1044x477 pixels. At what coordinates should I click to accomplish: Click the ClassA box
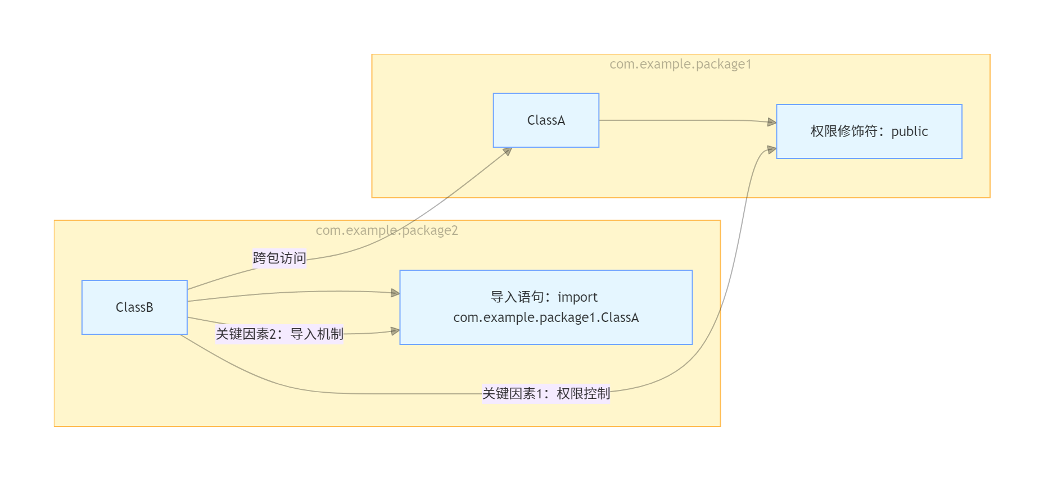(x=545, y=120)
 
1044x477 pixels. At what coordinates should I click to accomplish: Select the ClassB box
(x=134, y=307)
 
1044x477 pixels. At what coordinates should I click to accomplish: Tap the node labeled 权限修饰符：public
(x=869, y=131)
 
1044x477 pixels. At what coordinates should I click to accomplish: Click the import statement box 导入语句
(x=545, y=307)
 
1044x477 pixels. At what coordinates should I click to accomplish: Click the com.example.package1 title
(x=680, y=64)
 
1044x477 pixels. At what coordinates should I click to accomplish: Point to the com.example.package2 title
(x=387, y=230)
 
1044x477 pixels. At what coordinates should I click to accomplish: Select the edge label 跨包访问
(x=279, y=258)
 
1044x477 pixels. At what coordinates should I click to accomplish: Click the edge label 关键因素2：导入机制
(x=279, y=334)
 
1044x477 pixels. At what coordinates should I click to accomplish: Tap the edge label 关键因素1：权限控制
(x=546, y=393)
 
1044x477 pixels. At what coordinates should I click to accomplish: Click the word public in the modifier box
(x=909, y=131)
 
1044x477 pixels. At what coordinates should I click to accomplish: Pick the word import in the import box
(x=577, y=297)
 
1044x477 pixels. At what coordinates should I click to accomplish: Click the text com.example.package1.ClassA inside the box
(x=545, y=317)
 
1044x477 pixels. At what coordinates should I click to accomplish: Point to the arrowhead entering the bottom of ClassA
(x=508, y=151)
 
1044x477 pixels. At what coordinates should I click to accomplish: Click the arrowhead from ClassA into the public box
(x=772, y=122)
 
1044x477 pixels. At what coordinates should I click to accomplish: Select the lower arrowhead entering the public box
(x=772, y=149)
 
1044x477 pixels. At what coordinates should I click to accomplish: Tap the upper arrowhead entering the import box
(x=395, y=293)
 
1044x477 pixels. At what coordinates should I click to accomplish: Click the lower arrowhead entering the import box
(x=395, y=331)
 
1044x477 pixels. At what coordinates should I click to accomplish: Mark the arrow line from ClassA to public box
(x=686, y=120)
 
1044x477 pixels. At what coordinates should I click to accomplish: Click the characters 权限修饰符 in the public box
(x=844, y=131)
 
